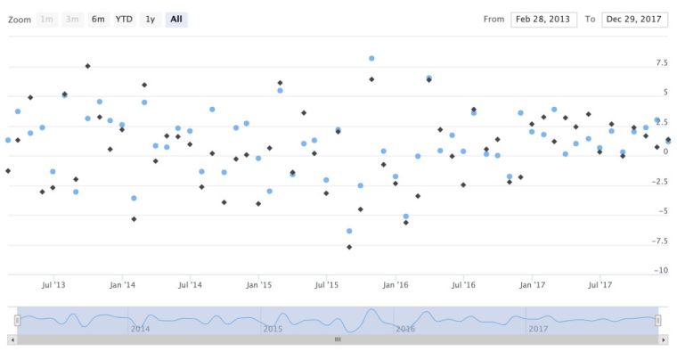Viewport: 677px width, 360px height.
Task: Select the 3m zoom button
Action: (x=72, y=20)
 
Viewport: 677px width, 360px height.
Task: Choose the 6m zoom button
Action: (x=98, y=20)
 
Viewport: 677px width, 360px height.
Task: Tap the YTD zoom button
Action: (x=124, y=20)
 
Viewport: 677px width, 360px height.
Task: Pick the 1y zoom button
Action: (x=150, y=20)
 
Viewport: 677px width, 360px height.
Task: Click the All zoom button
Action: (x=176, y=20)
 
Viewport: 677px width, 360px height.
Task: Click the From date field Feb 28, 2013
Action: (x=543, y=20)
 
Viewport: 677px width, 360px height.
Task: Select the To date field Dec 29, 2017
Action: (x=635, y=20)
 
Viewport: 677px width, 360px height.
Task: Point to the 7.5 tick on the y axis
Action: (x=661, y=63)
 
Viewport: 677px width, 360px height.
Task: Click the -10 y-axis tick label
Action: (x=660, y=270)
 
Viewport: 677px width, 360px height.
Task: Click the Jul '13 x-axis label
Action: (x=54, y=285)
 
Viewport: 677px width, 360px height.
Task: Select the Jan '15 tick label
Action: (x=258, y=285)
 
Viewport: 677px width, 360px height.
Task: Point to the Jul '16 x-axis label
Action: (x=463, y=285)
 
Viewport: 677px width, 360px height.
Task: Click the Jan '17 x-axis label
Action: (x=533, y=285)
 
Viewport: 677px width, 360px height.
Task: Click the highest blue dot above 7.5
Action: (x=371, y=59)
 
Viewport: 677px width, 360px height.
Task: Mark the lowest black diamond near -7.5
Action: (x=349, y=247)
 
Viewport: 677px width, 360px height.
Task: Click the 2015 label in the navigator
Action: (x=273, y=329)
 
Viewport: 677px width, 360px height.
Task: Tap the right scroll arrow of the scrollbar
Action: (x=664, y=340)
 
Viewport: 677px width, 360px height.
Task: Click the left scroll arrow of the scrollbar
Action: (x=12, y=340)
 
